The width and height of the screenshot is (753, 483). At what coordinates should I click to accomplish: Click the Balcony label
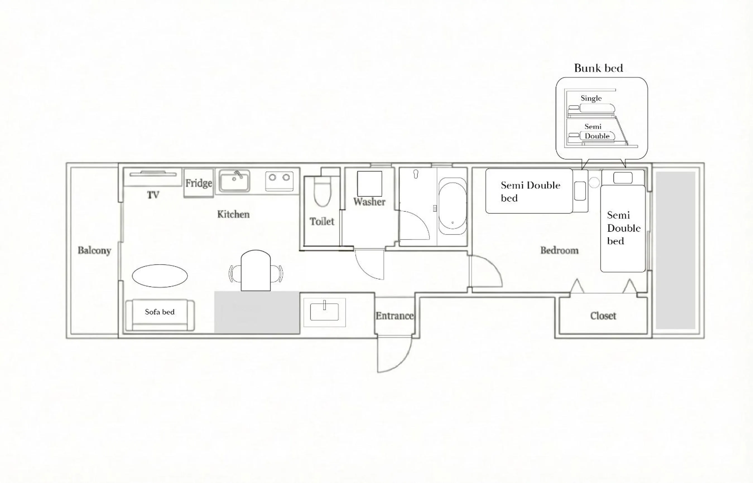tap(94, 251)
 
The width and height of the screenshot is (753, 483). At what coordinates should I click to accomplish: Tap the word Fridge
tap(198, 183)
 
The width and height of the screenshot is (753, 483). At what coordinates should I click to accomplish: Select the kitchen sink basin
tap(234, 181)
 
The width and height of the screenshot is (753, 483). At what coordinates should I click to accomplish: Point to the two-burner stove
tap(279, 181)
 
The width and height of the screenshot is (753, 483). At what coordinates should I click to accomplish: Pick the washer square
tap(369, 184)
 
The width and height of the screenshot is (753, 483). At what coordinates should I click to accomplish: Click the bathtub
tap(452, 206)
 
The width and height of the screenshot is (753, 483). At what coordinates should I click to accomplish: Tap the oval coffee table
tap(160, 276)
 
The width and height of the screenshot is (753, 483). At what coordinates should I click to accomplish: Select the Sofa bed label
tap(160, 312)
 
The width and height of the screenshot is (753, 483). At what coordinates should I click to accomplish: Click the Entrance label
tap(394, 315)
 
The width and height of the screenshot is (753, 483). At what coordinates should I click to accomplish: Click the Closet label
tap(603, 315)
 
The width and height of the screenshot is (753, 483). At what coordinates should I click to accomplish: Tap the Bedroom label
tap(559, 250)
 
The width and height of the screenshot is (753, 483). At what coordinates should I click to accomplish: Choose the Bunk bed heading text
tap(598, 68)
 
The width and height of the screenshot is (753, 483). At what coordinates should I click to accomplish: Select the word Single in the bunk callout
tap(591, 98)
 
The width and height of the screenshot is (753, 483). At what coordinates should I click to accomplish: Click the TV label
tap(153, 195)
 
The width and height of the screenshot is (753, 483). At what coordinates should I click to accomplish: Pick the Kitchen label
tap(233, 215)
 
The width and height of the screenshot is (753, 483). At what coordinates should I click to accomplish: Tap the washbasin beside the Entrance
tap(324, 311)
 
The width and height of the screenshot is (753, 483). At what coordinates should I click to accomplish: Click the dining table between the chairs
tap(256, 270)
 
